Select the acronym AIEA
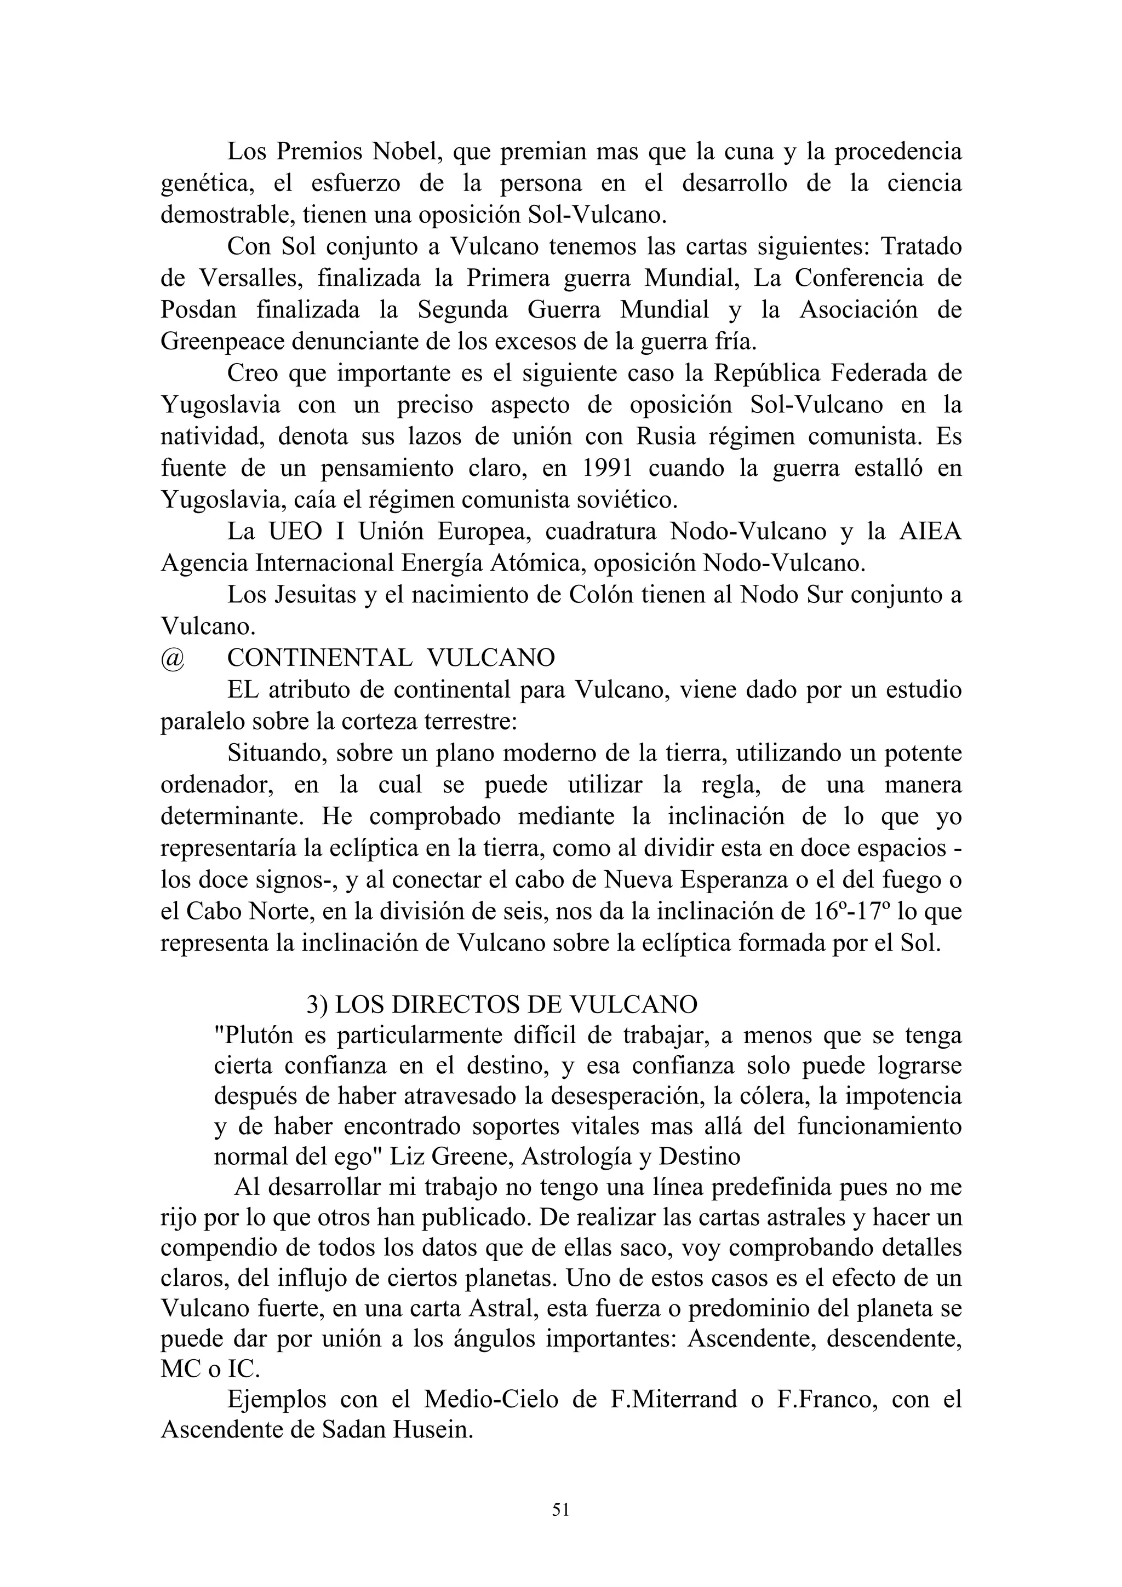(930, 532)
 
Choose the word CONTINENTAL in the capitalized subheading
(319, 658)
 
